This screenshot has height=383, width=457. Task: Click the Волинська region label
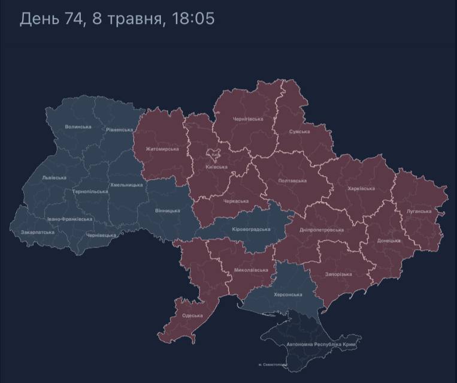coord(78,127)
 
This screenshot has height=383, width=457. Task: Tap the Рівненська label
coord(119,129)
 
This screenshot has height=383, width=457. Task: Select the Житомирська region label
coord(162,149)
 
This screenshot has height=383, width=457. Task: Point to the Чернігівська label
coord(247,119)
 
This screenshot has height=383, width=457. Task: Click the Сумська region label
coord(299,131)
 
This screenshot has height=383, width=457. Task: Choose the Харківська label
coord(361,188)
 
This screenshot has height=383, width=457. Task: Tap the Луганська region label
coord(419,211)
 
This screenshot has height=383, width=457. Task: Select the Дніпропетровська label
coord(322,230)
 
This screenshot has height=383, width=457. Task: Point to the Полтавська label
coord(292,180)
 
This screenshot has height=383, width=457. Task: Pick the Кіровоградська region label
coord(250,229)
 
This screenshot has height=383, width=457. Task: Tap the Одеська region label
coord(192,315)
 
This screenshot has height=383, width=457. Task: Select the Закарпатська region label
coord(38,232)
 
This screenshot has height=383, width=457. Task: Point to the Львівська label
coord(55,178)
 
